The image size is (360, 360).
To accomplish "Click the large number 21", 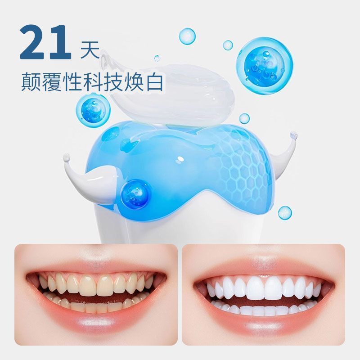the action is point(45,42).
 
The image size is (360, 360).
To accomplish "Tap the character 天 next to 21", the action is point(90,49).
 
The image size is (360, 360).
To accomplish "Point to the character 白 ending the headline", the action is point(154,81).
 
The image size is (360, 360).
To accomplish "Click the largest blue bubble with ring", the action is point(265,66).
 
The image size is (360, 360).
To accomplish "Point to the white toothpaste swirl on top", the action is point(167,92).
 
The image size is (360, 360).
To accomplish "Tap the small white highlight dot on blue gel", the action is point(181,159).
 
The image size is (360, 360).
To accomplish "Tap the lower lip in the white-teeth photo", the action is point(262,323).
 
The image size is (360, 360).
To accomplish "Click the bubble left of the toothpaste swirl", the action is point(93,110).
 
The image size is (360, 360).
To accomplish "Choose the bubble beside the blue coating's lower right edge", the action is point(285,212).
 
